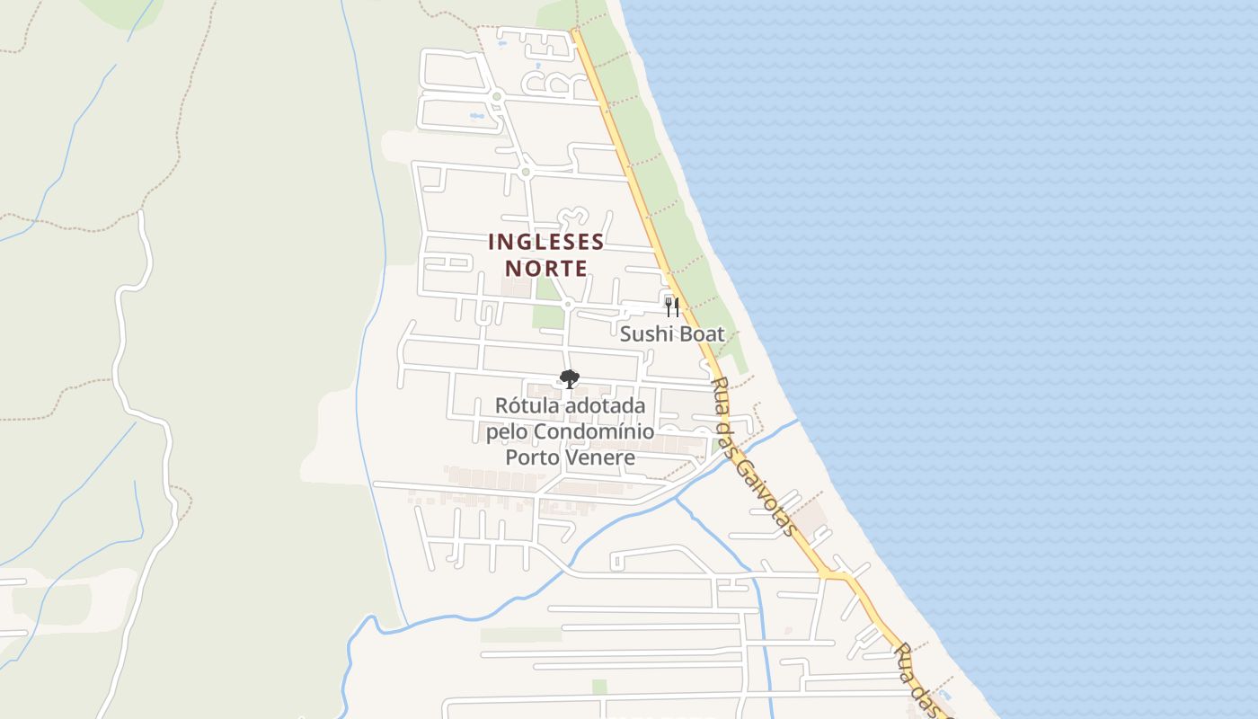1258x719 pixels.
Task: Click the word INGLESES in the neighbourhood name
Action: [546, 242]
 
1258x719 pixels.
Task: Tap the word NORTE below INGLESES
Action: [546, 268]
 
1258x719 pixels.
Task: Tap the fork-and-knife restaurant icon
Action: [672, 307]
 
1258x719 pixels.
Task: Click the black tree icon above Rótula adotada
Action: [569, 378]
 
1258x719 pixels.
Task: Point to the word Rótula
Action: [528, 406]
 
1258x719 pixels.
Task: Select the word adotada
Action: [606, 406]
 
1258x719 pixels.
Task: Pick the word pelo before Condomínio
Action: [507, 432]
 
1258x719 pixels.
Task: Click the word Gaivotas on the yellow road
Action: [765, 490]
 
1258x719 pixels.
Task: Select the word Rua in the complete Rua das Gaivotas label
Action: [718, 388]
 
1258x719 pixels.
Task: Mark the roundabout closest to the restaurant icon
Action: [567, 305]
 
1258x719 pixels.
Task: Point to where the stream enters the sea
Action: [798, 420]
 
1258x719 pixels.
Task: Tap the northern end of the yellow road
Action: [573, 31]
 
